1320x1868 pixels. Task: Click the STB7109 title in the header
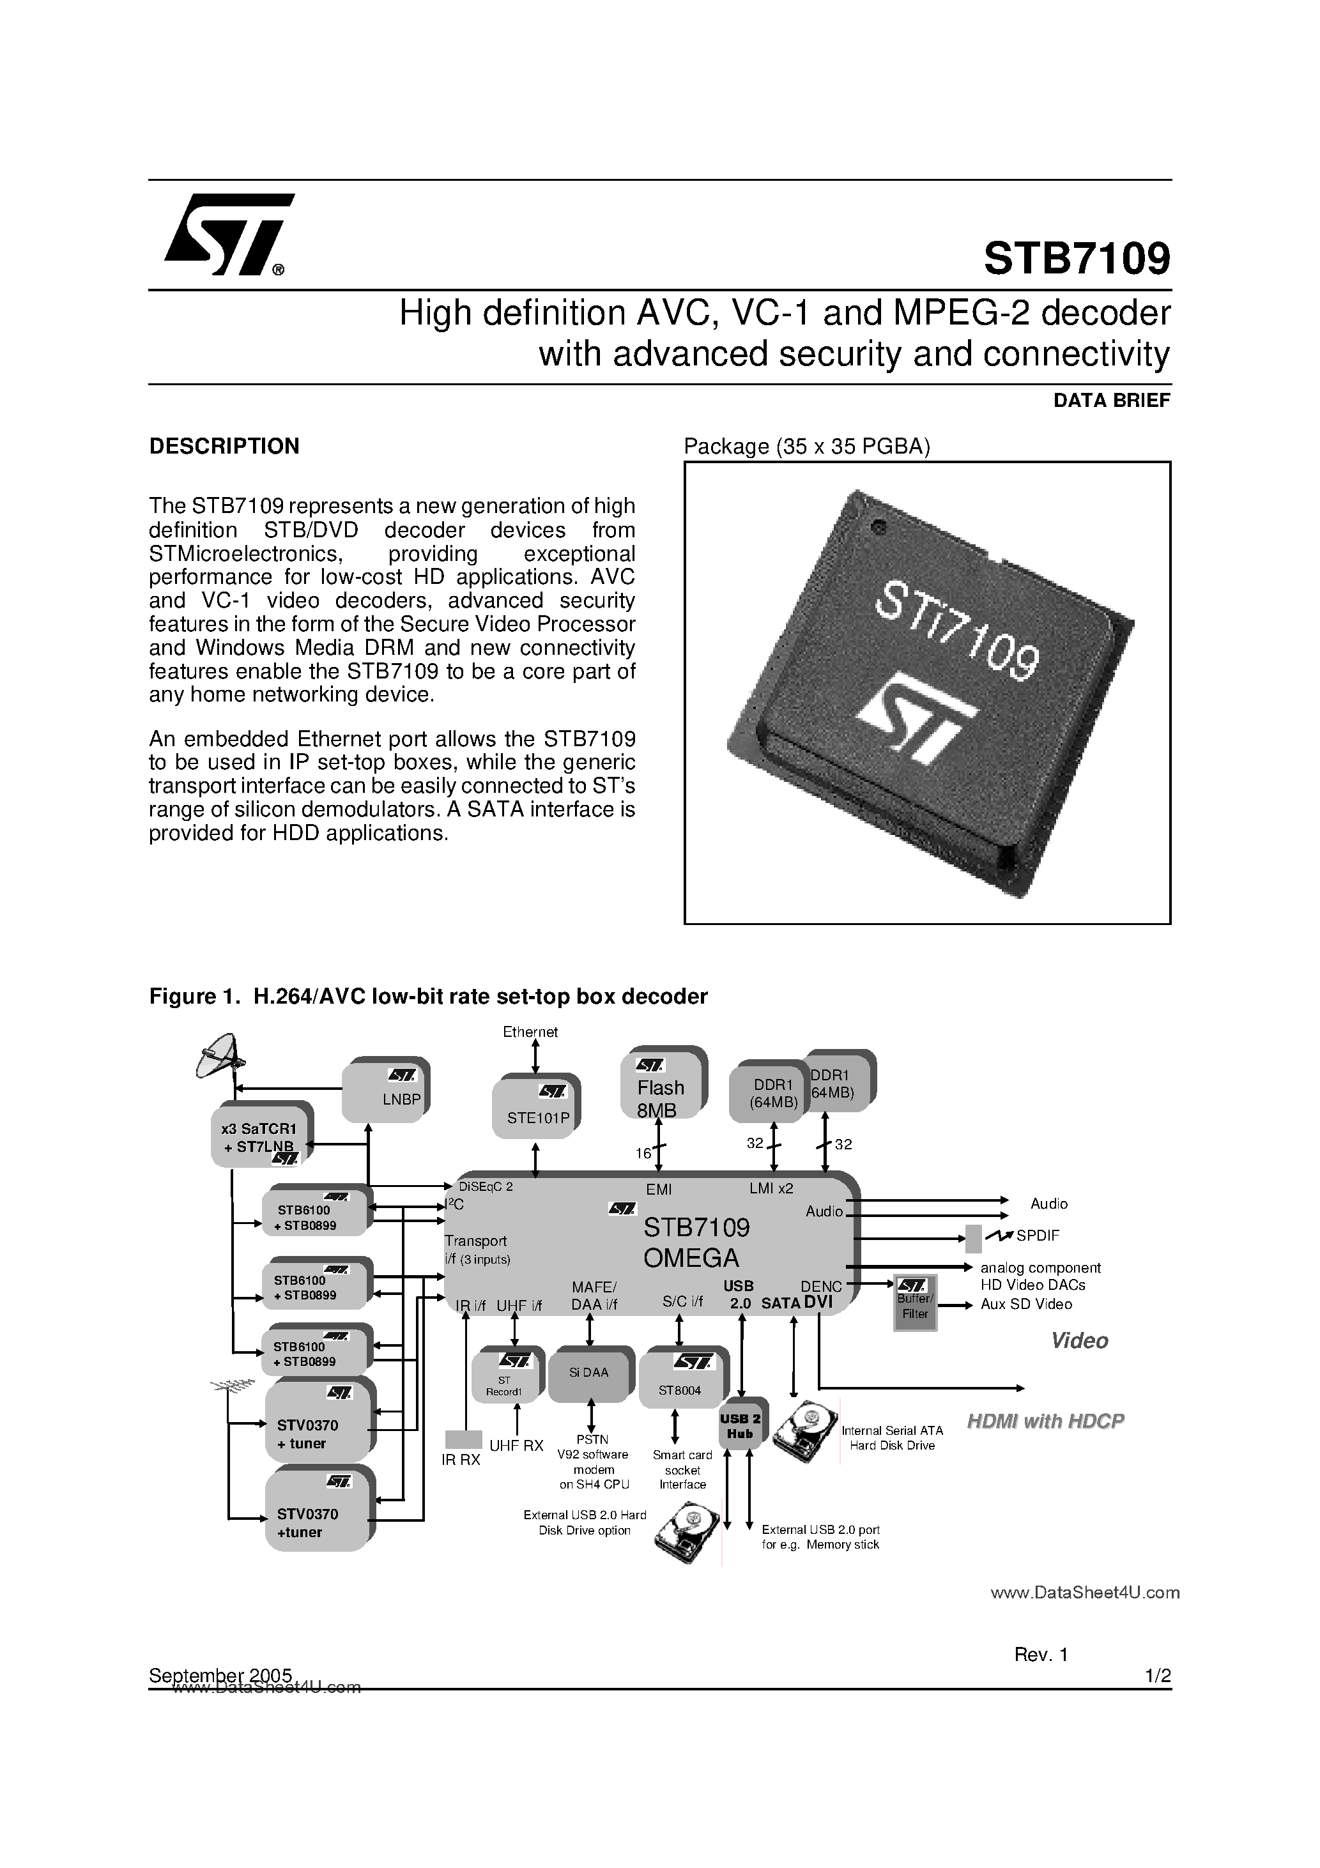pos(1076,258)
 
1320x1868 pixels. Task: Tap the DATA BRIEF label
pos(1111,401)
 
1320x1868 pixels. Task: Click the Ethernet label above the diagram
pos(530,1032)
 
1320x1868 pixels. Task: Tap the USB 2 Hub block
pos(740,1426)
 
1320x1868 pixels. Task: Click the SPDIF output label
pos(1037,1236)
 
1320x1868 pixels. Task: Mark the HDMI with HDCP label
pos(1045,1421)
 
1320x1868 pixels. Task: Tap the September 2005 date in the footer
pos(220,1675)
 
